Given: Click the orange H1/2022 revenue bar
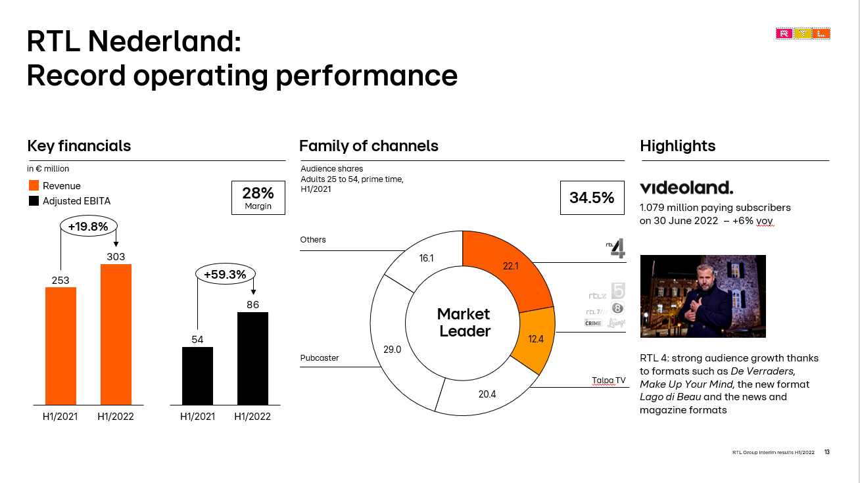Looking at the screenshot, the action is pyautogui.click(x=116, y=334).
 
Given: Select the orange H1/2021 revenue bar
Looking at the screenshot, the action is pyautogui.click(x=60, y=346).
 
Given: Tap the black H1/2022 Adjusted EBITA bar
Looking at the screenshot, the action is pyautogui.click(x=252, y=358).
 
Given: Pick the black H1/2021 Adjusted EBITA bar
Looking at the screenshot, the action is pyautogui.click(x=197, y=376).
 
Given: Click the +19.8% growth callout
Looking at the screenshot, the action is pyautogui.click(x=89, y=226).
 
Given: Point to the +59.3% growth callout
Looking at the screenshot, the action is pyautogui.click(x=226, y=274).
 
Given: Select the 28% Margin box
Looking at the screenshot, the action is pyautogui.click(x=258, y=198).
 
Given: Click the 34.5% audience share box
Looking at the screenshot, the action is pyautogui.click(x=592, y=198).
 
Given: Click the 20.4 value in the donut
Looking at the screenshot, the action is pyautogui.click(x=487, y=394).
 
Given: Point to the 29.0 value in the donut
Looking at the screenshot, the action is pyautogui.click(x=392, y=350).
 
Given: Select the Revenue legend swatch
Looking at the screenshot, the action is pyautogui.click(x=34, y=185).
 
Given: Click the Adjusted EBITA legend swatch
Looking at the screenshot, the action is pyautogui.click(x=34, y=200).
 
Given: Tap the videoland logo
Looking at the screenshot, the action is pyautogui.click(x=686, y=187).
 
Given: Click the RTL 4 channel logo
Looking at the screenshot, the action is pyautogui.click(x=616, y=248).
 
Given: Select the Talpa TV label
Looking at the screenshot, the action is pyautogui.click(x=609, y=380).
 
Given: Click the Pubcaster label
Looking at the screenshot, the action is pyautogui.click(x=320, y=358).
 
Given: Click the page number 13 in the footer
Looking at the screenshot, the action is pyautogui.click(x=827, y=452).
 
